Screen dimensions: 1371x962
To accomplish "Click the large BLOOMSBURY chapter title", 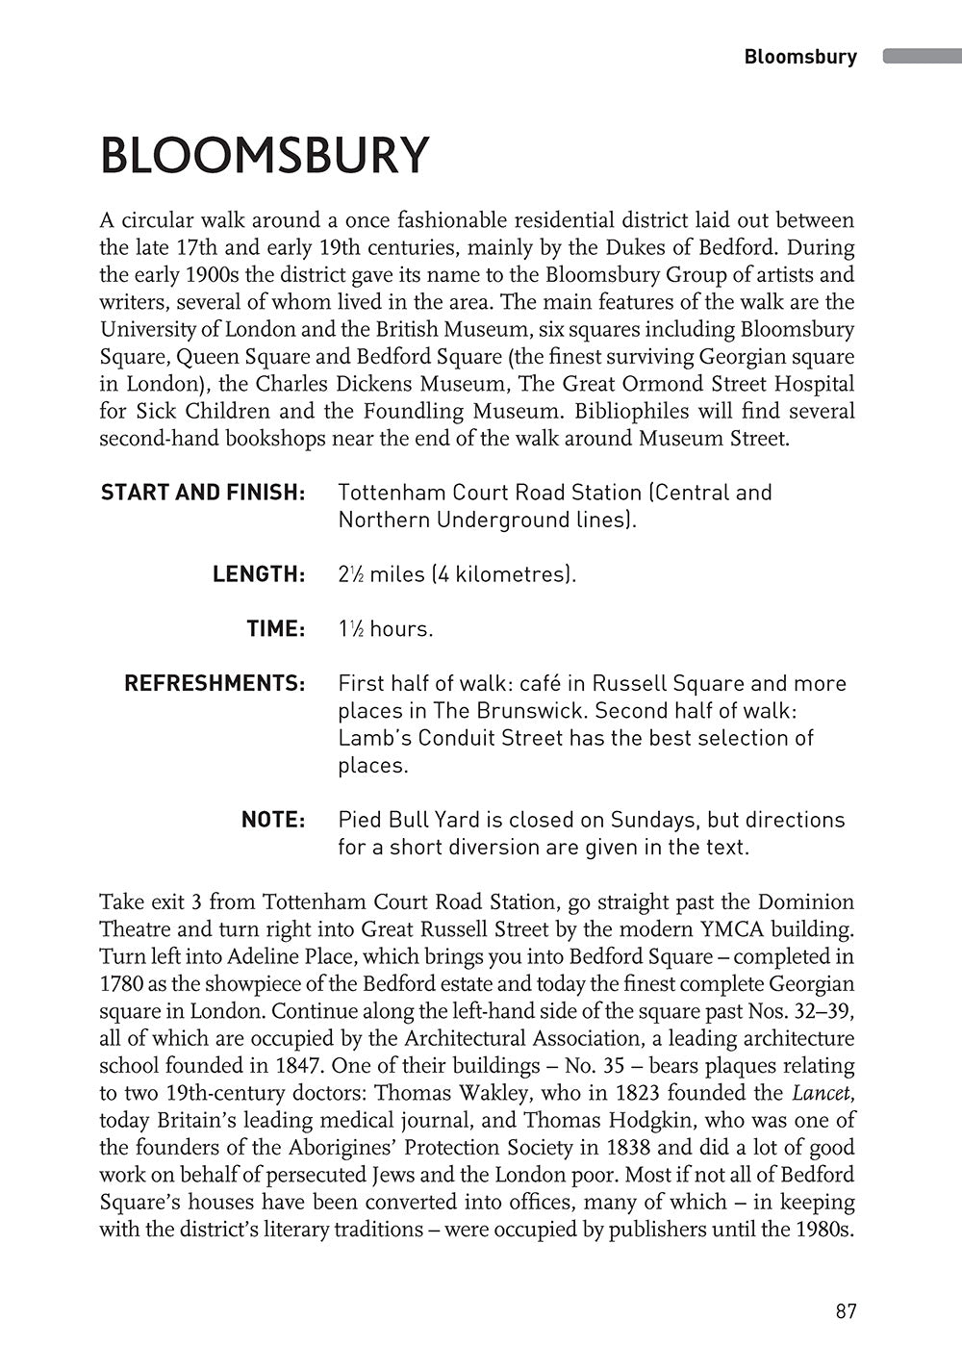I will click(x=264, y=155).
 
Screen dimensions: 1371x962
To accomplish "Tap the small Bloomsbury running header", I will click(x=800, y=57).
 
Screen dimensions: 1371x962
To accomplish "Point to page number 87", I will click(x=846, y=1311).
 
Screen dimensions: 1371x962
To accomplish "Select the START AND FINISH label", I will click(x=203, y=493).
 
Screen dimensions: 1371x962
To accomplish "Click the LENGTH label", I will click(x=259, y=574).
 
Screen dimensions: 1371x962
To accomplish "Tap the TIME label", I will click(x=275, y=629).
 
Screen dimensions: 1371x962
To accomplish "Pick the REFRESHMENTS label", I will click(x=215, y=684).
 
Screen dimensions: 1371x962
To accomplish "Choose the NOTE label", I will click(x=273, y=820).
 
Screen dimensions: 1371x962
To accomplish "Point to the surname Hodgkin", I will click(x=672, y=1120).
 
